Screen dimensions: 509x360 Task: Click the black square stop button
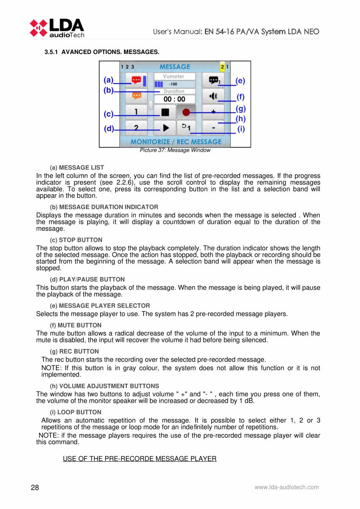pyautogui.click(x=165, y=112)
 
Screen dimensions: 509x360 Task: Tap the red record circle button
pyautogui.click(x=186, y=112)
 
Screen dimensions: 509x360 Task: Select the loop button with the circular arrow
pyautogui.click(x=186, y=127)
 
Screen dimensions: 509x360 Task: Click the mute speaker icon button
pyautogui.click(x=213, y=96)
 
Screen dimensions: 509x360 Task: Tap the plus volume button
pyautogui.click(x=213, y=112)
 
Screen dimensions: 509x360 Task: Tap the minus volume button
pyautogui.click(x=213, y=127)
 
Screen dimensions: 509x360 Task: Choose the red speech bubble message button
pyautogui.click(x=136, y=80)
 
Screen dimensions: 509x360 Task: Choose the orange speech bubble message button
pyautogui.click(x=136, y=95)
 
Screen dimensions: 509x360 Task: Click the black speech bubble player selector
pyautogui.click(x=213, y=80)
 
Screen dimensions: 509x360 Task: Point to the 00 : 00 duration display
pyautogui.click(x=175, y=99)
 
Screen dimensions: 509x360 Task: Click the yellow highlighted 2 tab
pyautogui.click(x=222, y=67)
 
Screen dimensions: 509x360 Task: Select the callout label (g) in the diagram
pyautogui.click(x=241, y=108)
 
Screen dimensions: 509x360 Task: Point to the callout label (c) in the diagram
pyautogui.click(x=108, y=115)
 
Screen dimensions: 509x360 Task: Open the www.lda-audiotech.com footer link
pyautogui.click(x=286, y=487)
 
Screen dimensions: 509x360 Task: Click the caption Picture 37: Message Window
pyautogui.click(x=175, y=150)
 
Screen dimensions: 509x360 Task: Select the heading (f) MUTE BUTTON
pyautogui.click(x=76, y=325)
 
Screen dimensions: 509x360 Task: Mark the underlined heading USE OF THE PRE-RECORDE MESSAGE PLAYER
pyautogui.click(x=140, y=458)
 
